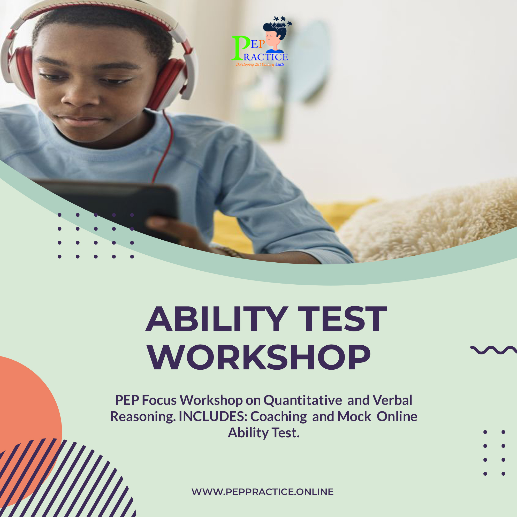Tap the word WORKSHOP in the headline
pyautogui.click(x=260, y=358)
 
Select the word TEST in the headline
pyautogui.click(x=342, y=319)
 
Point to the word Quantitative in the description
pyautogui.click(x=303, y=400)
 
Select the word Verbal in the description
pyautogui.click(x=392, y=400)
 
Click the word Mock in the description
pyautogui.click(x=354, y=416)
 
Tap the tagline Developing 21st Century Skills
pyautogui.click(x=260, y=64)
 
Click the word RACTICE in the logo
pyautogui.click(x=266, y=57)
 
